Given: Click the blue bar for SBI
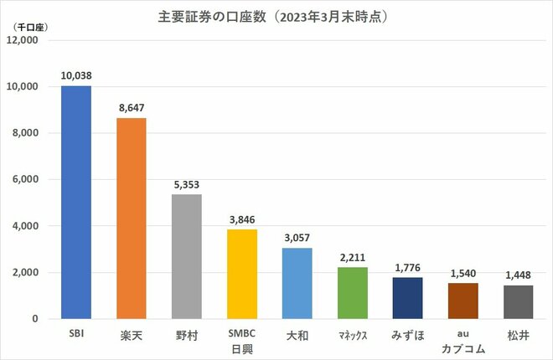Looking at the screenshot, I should (x=76, y=202).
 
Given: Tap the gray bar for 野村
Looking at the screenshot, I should (x=186, y=256).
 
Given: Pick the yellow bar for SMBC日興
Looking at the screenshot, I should (x=241, y=274).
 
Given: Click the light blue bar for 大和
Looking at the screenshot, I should (x=297, y=283).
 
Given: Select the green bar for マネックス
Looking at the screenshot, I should (x=352, y=293).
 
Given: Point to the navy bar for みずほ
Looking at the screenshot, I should (x=407, y=298).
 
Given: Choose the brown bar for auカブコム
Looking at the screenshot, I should (x=463, y=301).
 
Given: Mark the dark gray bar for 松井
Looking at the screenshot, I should (x=518, y=301).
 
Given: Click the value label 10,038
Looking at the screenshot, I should (x=76, y=75).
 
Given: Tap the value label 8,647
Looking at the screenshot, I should (x=131, y=107).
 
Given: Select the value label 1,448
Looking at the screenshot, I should (x=518, y=275).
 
